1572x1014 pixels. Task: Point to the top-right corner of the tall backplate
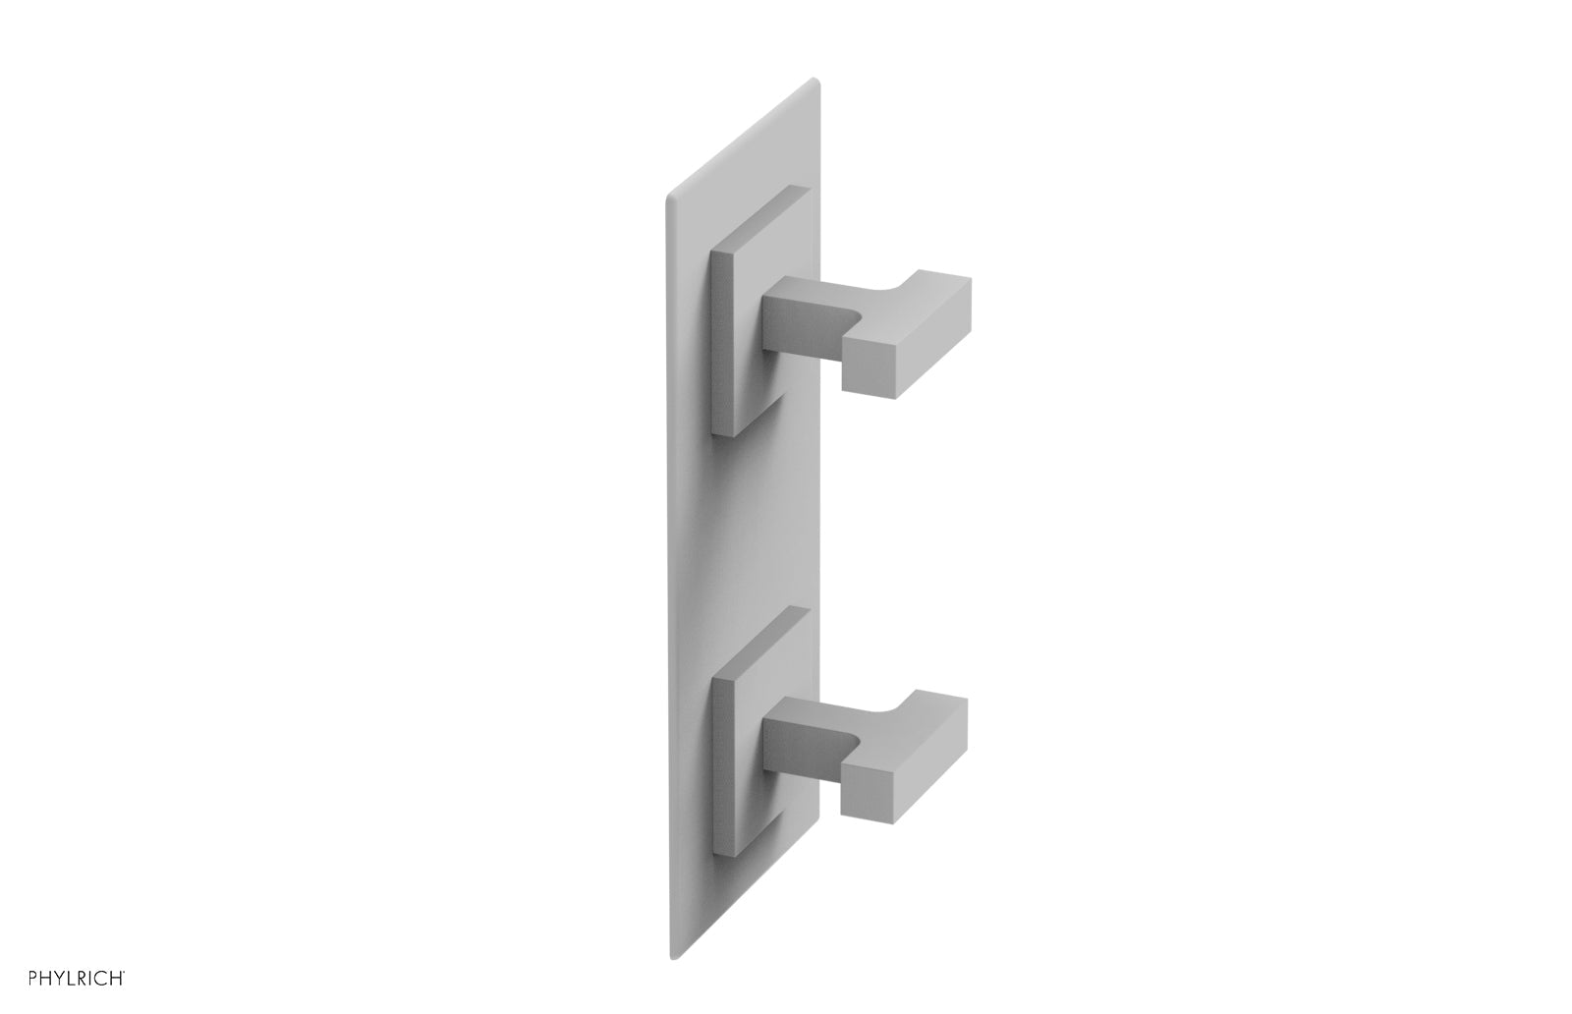813,81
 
